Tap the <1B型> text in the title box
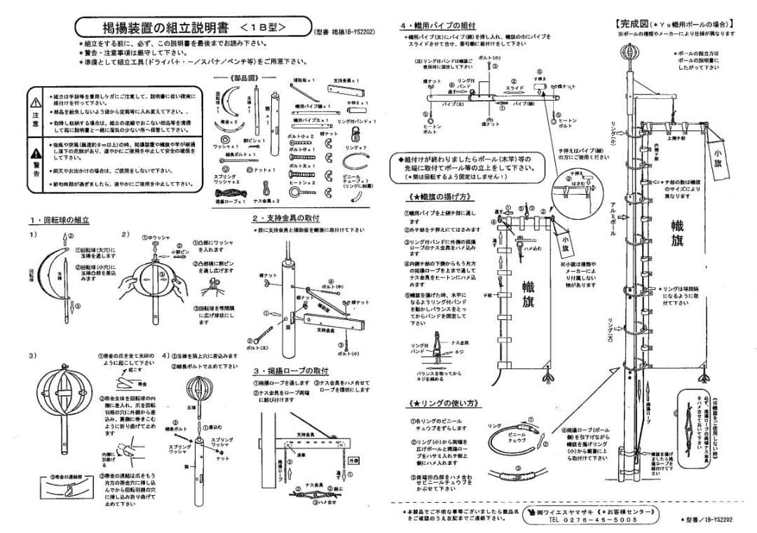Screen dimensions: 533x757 263,27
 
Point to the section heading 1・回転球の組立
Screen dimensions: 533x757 59,220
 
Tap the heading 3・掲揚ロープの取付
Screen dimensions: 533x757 291,371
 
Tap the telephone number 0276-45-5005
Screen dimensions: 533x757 592,520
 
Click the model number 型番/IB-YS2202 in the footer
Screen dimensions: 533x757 708,520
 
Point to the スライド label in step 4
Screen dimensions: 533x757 515,88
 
